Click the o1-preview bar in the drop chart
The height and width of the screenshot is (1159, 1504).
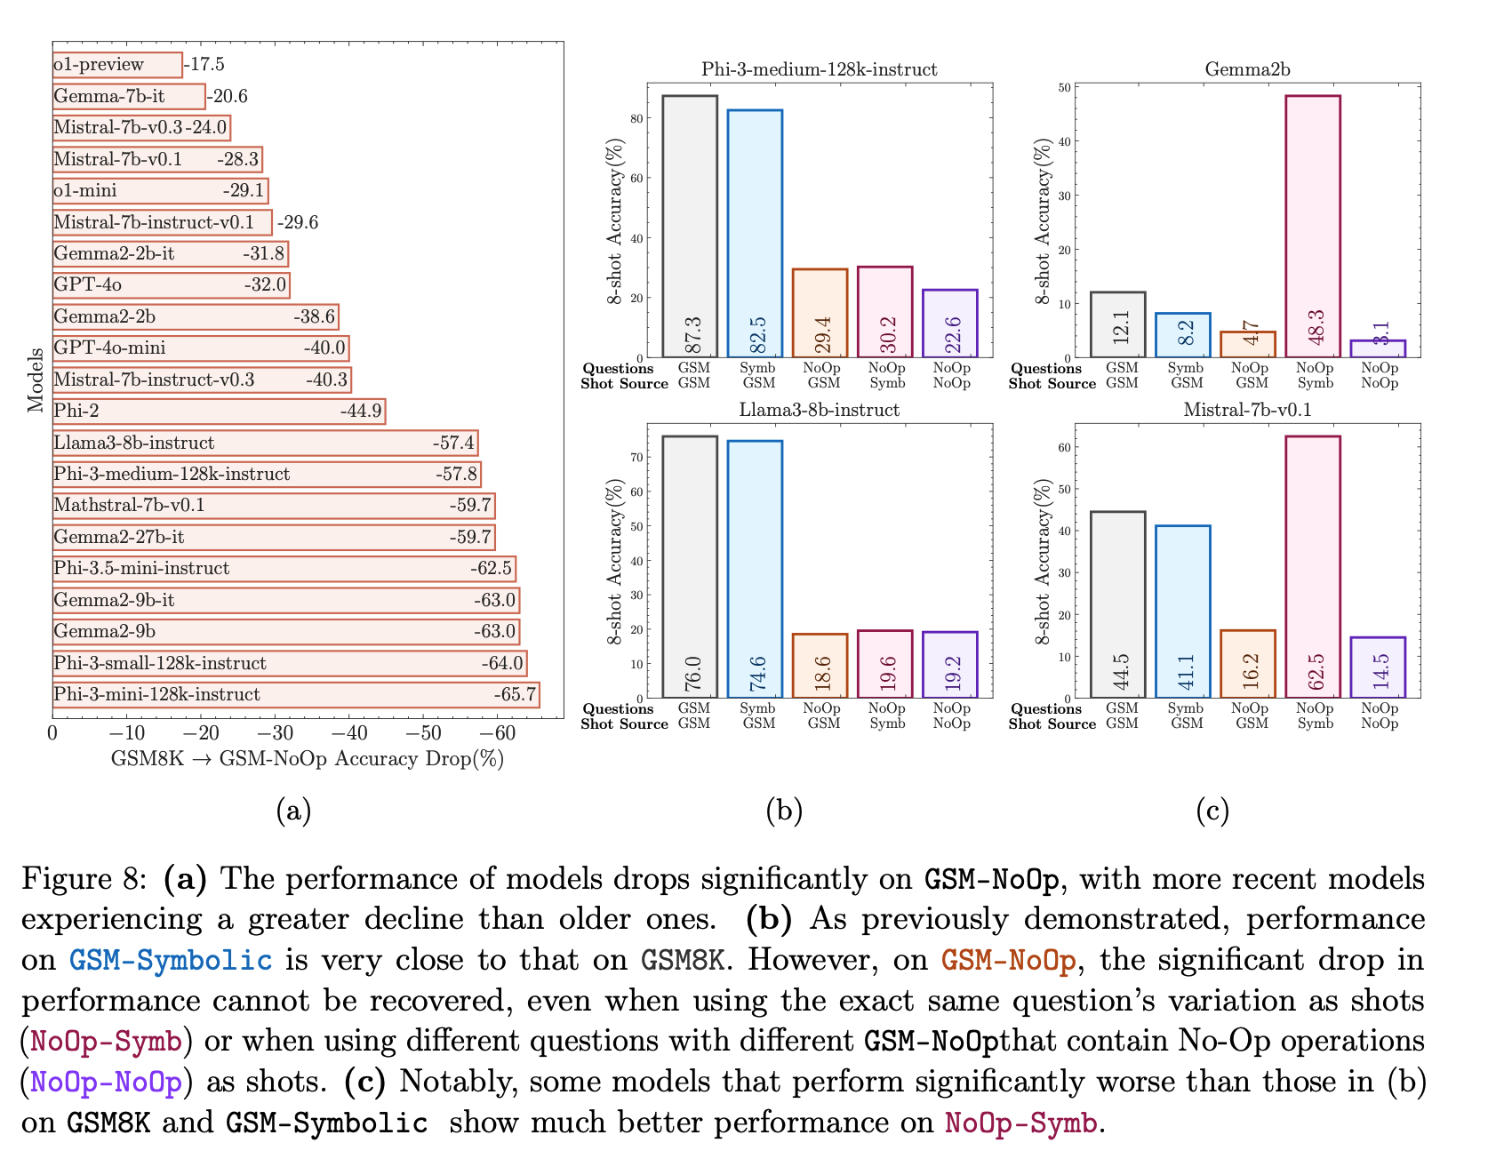point(117,65)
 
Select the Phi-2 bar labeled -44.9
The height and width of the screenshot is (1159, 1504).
point(219,412)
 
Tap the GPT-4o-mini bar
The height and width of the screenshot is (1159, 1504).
point(200,348)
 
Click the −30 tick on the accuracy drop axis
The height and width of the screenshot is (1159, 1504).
point(275,733)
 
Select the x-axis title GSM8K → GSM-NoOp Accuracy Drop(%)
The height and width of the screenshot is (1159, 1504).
point(307,759)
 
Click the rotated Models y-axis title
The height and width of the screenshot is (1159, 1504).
point(36,380)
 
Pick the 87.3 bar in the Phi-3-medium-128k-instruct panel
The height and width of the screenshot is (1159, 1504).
point(690,227)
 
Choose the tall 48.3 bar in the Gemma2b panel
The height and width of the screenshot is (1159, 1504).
point(1313,227)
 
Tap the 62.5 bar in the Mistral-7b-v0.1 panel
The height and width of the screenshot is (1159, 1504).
point(1313,567)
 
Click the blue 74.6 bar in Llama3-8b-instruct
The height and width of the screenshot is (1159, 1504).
point(755,569)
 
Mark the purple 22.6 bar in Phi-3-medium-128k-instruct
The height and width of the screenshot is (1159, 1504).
point(950,324)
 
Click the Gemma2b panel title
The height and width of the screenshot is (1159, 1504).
point(1247,69)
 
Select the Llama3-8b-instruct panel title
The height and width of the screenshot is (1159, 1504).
point(819,410)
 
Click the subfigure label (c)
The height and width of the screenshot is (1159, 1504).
point(1212,810)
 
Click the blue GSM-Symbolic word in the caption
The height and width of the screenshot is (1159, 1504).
point(171,961)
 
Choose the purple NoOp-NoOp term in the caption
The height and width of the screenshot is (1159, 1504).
point(107,1083)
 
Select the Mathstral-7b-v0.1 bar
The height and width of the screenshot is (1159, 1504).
point(273,506)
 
